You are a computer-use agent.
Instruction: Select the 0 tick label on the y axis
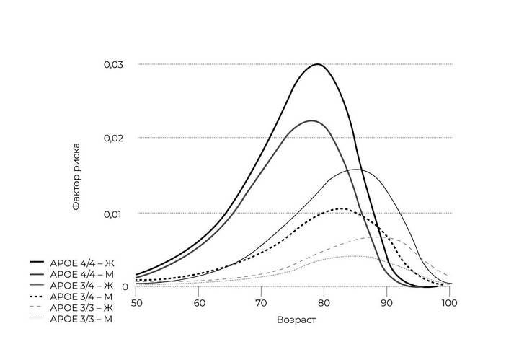point(125,286)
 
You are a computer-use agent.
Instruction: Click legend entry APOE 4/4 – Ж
point(81,263)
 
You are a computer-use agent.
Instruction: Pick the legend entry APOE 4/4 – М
point(81,274)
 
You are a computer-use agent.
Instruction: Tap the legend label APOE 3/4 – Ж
point(81,285)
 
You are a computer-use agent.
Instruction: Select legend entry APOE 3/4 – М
point(81,296)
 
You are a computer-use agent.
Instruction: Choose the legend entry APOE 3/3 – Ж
point(81,307)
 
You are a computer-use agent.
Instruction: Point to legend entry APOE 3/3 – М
point(81,317)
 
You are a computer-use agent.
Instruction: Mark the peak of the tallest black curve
point(317,65)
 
